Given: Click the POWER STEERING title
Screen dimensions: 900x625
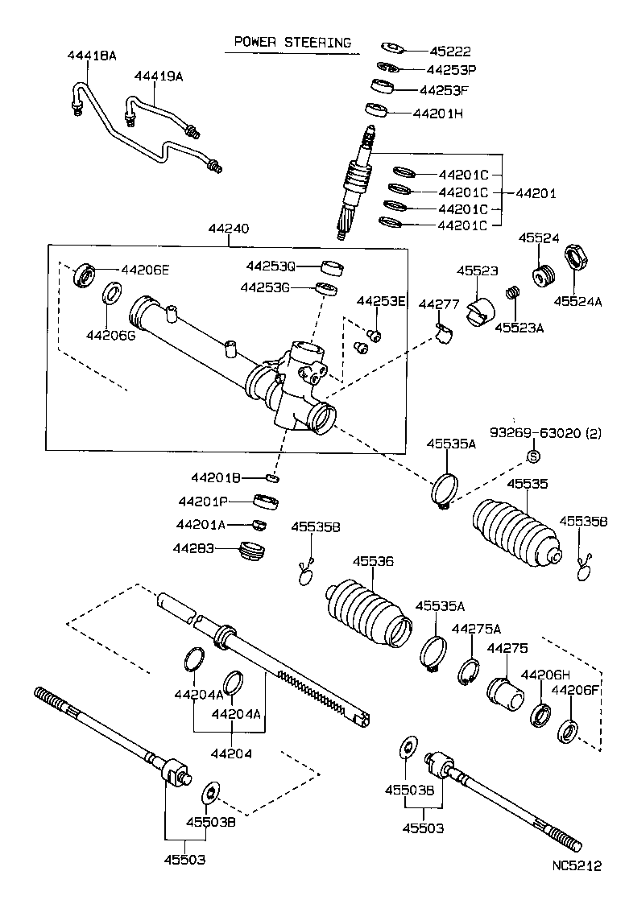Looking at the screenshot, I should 292,42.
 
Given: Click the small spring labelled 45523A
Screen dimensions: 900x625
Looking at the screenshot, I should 510,295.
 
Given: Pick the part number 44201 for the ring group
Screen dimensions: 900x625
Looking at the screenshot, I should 536,194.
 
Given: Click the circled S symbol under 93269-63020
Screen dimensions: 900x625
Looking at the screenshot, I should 532,457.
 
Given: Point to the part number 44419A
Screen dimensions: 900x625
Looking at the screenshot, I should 159,76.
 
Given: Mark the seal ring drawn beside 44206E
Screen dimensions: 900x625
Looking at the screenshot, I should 85,275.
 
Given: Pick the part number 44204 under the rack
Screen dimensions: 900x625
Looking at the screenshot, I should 232,754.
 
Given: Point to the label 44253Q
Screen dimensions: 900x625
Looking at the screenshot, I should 271,266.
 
